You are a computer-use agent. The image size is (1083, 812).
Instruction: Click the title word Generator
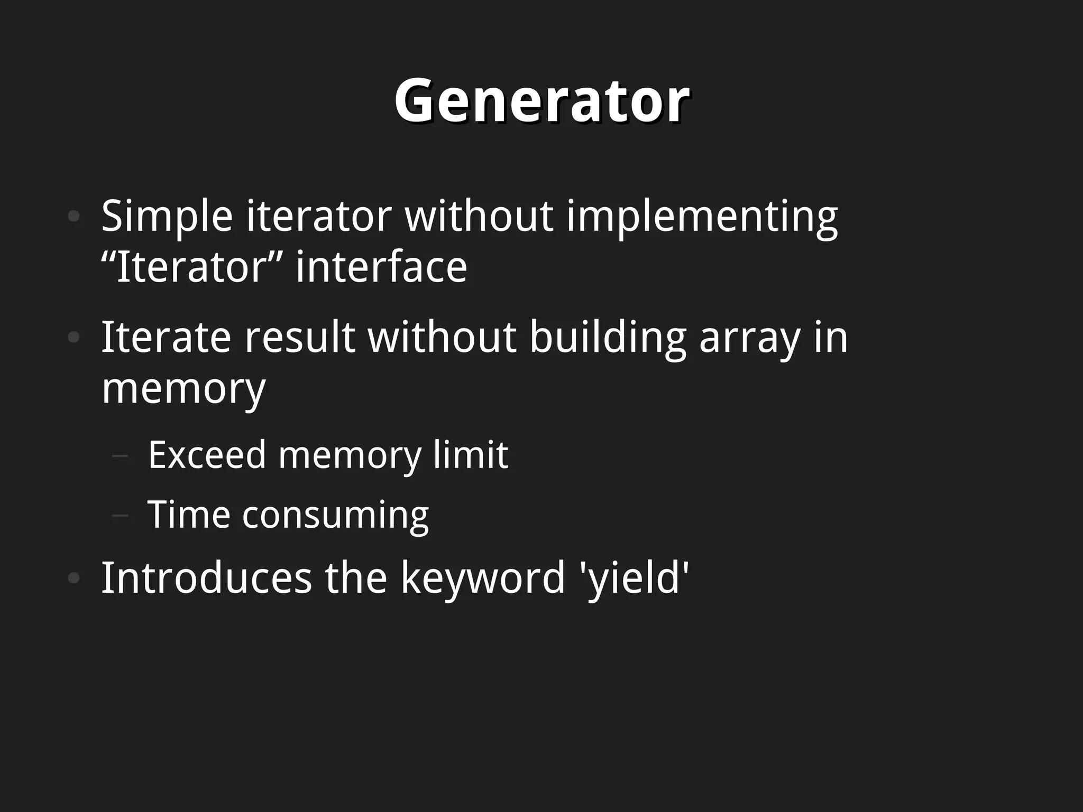[x=541, y=100]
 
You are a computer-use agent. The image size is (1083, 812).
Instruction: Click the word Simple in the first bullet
[x=167, y=217]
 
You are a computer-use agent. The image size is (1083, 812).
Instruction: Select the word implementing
[x=702, y=217]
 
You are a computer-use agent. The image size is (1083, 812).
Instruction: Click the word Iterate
[x=166, y=337]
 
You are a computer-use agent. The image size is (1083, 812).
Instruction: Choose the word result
[x=299, y=337]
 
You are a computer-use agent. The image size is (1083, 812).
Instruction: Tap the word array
[x=749, y=337]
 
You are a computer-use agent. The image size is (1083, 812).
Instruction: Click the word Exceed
[x=207, y=455]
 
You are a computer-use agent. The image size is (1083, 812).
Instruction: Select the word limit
[x=470, y=455]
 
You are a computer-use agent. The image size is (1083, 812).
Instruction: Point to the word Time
[x=189, y=515]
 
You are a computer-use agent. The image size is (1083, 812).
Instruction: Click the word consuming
[x=335, y=515]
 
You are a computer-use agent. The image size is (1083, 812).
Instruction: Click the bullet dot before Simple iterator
[x=74, y=216]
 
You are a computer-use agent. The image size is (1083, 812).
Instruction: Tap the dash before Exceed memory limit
[x=121, y=455]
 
